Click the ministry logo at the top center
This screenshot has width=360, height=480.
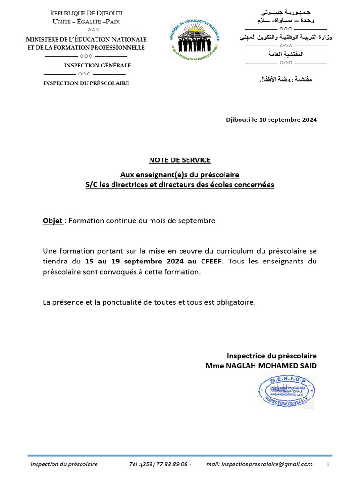tap(194, 39)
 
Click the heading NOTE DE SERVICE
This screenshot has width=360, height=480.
tap(180, 160)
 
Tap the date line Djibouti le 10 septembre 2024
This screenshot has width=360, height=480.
tap(271, 120)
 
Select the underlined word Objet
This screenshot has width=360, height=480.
tap(53, 221)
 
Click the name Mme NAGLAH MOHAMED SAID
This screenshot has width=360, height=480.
tap(261, 366)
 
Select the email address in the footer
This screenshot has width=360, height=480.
tap(259, 464)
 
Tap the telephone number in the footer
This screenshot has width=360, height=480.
tap(160, 464)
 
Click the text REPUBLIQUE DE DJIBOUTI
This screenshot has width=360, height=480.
tap(86, 13)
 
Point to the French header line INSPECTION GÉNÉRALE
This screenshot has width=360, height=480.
tap(97, 66)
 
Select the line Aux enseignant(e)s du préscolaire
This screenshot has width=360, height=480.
tap(180, 174)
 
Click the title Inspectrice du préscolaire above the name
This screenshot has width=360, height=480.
tap(271, 356)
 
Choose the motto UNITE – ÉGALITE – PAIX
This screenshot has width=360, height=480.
tap(86, 22)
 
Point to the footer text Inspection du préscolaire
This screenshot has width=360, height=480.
tap(64, 464)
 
